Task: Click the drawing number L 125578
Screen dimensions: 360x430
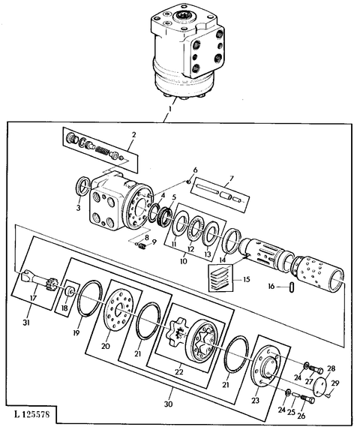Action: click(x=31, y=414)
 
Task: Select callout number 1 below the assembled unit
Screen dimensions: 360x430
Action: click(x=169, y=109)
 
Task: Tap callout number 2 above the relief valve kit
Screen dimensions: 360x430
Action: click(x=133, y=135)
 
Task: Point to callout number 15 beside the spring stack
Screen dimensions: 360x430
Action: click(x=246, y=279)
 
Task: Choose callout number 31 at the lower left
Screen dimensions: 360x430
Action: click(x=26, y=323)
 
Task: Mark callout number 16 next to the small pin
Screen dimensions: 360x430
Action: click(x=271, y=287)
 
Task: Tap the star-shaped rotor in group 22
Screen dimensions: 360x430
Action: click(x=176, y=330)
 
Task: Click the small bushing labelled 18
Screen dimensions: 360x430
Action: click(x=69, y=291)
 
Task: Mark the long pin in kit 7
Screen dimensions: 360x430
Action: click(x=208, y=189)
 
